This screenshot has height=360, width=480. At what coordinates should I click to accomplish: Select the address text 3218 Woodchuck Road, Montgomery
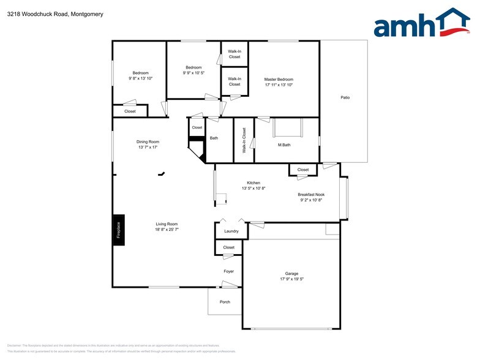[55, 13]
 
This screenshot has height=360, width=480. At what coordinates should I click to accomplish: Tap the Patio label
[345, 97]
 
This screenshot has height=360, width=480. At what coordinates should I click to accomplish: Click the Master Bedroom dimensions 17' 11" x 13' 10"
[279, 85]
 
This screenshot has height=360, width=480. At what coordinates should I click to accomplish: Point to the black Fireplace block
[119, 230]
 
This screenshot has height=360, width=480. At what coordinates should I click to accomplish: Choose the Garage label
[291, 273]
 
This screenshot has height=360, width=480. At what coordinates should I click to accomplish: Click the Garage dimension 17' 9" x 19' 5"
[291, 279]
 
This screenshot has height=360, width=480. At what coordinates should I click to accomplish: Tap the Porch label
[225, 302]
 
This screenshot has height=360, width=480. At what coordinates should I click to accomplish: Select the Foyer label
[228, 271]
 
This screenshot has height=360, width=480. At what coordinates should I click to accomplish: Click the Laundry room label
[231, 231]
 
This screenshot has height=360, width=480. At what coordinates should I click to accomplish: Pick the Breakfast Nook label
[310, 195]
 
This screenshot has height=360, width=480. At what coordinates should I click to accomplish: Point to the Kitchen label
[253, 183]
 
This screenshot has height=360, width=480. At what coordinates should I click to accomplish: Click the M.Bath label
[283, 145]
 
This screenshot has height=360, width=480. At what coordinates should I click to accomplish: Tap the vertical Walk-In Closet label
[244, 140]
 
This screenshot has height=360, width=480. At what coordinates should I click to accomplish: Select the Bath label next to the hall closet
[214, 138]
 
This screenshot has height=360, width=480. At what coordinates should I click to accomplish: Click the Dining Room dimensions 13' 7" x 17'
[148, 148]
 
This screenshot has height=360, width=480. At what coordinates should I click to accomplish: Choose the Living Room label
[167, 224]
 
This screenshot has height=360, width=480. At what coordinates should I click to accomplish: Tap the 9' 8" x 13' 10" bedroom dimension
[140, 78]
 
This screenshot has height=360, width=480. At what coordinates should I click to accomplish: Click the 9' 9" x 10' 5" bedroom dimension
[193, 73]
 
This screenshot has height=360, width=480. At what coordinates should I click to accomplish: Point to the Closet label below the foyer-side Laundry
[228, 247]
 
